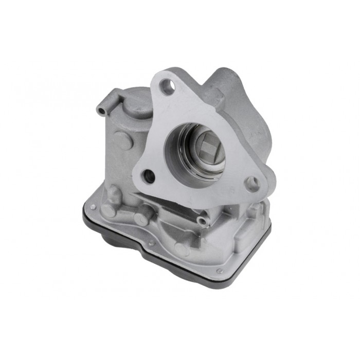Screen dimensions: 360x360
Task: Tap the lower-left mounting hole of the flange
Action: pyautogui.click(x=149, y=176)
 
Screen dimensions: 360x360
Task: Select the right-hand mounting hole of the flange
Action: pyautogui.click(x=252, y=184)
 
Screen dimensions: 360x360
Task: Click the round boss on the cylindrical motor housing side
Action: pyautogui.click(x=121, y=140)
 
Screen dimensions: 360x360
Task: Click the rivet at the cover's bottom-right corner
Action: pyautogui.click(x=220, y=271)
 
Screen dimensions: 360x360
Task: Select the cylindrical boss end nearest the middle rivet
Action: pyautogui.click(x=140, y=219)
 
